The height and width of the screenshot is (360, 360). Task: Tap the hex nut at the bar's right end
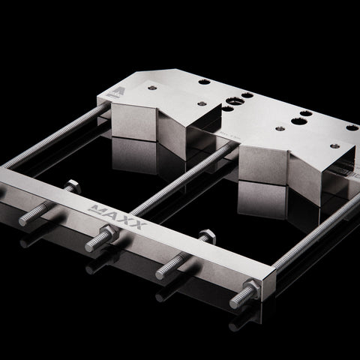pos(253,288)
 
